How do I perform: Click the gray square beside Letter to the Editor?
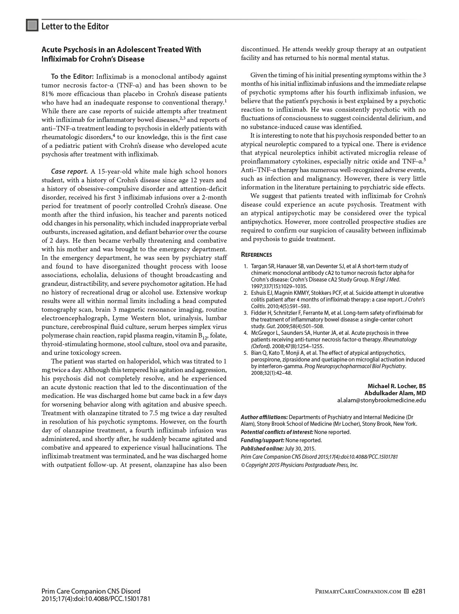point(32,25)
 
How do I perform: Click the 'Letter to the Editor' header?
point(75,26)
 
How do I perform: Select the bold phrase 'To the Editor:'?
point(72,76)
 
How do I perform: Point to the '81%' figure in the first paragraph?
point(48,94)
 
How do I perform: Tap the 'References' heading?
point(256,254)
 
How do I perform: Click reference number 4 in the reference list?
point(246,333)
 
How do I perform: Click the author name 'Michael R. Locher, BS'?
point(396,386)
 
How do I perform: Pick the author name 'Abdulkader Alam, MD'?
point(395,393)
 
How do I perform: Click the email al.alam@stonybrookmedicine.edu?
point(381,400)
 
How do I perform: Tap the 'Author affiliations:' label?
point(264,417)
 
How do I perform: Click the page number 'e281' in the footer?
point(419,591)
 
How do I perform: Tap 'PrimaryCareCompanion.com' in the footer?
point(358,592)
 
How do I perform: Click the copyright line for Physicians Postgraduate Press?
point(299,465)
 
